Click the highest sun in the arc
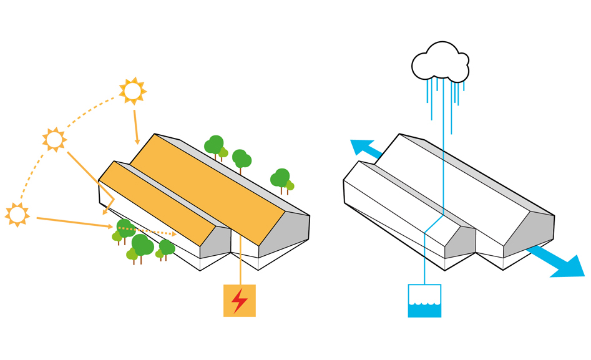(x=132, y=91)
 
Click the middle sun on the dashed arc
(x=54, y=140)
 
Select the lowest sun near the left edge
(x=17, y=215)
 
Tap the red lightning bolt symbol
(x=240, y=301)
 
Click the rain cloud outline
(x=440, y=63)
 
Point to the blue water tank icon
(x=424, y=301)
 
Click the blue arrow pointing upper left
(x=366, y=149)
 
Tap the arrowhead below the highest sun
(x=137, y=141)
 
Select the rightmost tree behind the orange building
(x=281, y=178)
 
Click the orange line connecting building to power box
(x=241, y=262)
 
